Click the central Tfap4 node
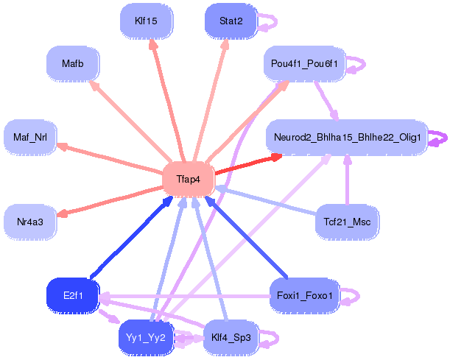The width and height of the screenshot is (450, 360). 188,179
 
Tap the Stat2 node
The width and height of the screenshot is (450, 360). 231,21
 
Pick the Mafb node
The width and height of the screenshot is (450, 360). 72,64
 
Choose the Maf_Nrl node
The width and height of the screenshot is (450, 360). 30,137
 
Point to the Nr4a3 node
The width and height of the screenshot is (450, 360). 30,221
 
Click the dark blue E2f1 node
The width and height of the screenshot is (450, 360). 72,296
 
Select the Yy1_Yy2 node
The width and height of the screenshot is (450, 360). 145,338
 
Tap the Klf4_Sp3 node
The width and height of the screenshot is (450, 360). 231,338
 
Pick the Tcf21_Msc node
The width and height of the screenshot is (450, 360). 346,221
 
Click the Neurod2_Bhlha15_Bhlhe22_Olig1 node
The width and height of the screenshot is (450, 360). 346,138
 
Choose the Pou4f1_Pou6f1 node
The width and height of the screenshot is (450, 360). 304,64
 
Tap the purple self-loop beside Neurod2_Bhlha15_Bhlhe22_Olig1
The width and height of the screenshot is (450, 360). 439,138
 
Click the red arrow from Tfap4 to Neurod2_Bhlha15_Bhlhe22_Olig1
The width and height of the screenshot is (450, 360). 247,164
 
